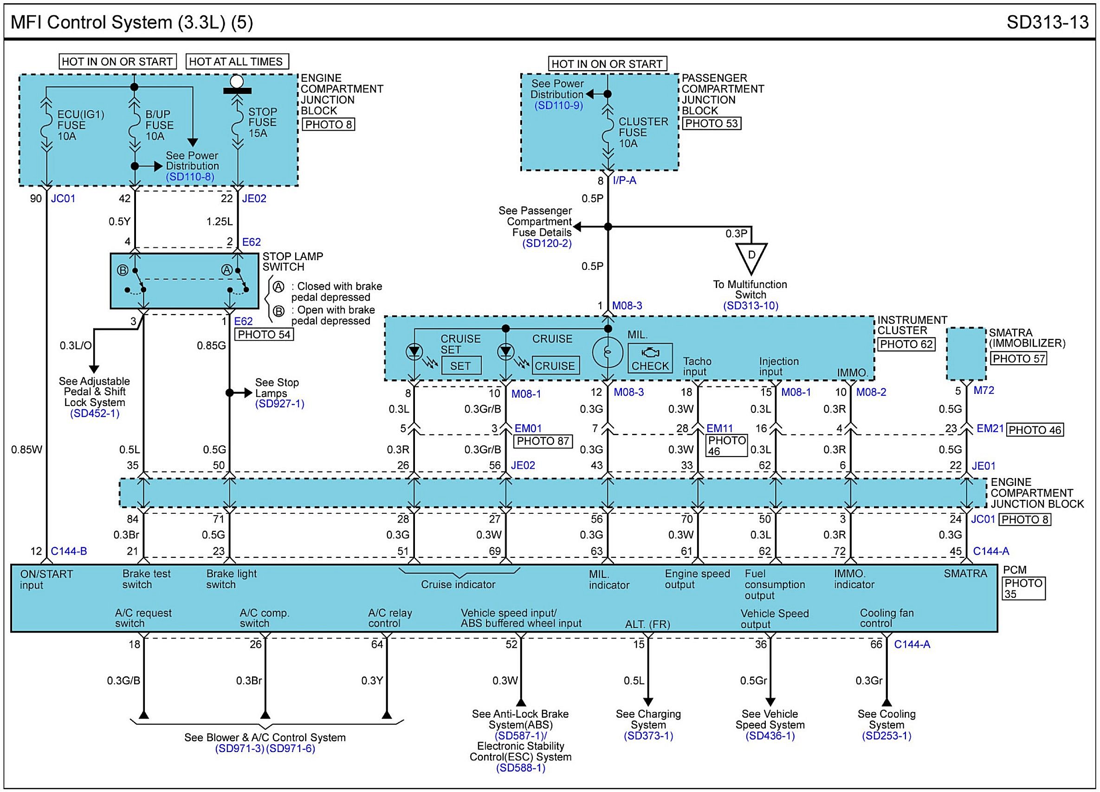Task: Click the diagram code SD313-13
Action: pos(1047,22)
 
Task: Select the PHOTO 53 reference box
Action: pos(712,123)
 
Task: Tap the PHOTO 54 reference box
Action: pos(264,334)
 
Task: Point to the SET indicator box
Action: pos(461,366)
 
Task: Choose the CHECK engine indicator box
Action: pos(650,359)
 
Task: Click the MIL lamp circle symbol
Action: pos(608,352)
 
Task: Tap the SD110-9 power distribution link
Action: pos(559,105)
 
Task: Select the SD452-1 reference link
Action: pos(95,413)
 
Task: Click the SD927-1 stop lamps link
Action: pos(280,404)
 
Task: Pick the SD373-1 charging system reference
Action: pos(648,736)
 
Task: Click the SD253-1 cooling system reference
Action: pos(886,736)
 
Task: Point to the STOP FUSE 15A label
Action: pos(262,122)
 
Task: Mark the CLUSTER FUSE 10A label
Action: pos(643,132)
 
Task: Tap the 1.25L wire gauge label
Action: pos(220,222)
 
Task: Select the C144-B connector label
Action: pos(69,551)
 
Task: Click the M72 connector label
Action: pos(984,390)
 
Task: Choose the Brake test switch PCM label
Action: pos(147,579)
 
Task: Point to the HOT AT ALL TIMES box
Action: pos(237,62)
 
